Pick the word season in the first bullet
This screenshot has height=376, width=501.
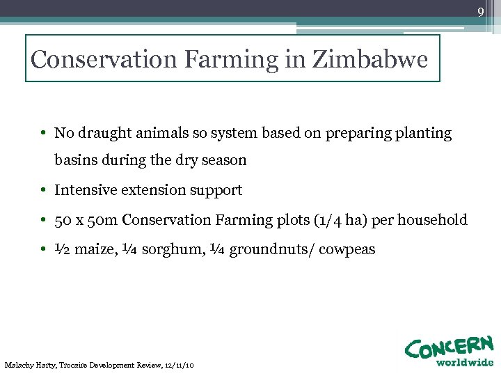pyautogui.click(x=223, y=160)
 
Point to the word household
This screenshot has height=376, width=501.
pyautogui.click(x=434, y=220)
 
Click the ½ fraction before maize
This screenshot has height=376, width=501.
pyautogui.click(x=61, y=249)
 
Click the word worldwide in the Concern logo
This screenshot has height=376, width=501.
pyautogui.click(x=465, y=362)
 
